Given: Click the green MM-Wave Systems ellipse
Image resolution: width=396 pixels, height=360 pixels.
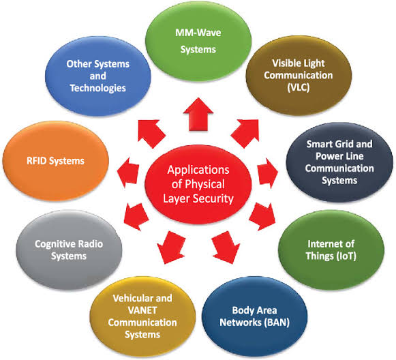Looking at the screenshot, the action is click(198, 41).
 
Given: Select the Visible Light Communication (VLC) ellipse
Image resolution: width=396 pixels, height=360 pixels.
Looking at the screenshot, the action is click(299, 75).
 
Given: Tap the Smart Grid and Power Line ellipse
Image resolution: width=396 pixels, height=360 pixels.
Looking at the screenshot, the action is click(339, 162).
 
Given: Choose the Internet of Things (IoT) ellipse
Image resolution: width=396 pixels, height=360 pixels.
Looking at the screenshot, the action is click(331, 250).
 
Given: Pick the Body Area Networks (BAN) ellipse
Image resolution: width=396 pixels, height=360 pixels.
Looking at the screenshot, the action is click(255, 316).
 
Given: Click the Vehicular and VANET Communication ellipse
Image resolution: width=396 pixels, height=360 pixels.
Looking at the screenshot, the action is click(142, 316).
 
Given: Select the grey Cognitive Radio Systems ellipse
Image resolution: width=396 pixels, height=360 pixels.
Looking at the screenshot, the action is click(69, 250).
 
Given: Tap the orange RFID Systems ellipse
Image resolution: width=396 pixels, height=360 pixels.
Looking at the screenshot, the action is click(56, 161).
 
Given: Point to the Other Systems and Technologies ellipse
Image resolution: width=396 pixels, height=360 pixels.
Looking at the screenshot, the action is click(98, 76).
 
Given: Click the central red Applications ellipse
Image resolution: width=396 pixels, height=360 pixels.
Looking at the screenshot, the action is click(198, 184).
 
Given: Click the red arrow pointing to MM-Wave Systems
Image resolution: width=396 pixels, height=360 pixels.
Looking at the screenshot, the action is click(198, 114).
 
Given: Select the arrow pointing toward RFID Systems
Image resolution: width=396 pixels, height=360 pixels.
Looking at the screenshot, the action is click(128, 172).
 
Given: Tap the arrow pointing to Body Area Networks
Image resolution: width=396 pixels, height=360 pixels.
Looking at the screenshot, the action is click(226, 247).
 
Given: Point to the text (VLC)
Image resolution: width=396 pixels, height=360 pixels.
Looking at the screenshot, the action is click(299, 87).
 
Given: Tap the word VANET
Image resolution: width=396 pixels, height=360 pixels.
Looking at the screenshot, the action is click(142, 310).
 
